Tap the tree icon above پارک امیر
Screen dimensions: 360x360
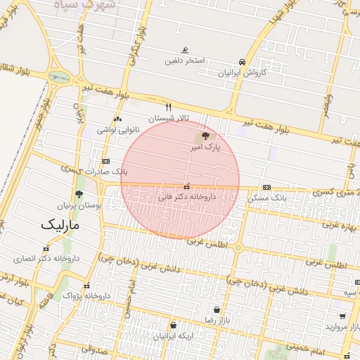(205, 136)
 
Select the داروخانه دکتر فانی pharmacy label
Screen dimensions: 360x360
(186, 199)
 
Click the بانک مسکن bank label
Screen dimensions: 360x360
(268, 198)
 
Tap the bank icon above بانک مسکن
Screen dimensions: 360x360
(266, 187)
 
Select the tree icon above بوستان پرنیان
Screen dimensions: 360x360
(78, 194)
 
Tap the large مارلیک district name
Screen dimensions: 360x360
(60, 226)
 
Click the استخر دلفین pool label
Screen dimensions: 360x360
(185, 60)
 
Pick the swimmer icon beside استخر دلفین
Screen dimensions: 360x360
(184, 50)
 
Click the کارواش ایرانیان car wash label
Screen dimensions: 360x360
(243, 72)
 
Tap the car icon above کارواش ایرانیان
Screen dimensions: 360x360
(243, 61)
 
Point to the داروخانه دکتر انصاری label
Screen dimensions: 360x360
(46, 259)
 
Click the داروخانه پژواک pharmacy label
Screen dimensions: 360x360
(87, 296)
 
